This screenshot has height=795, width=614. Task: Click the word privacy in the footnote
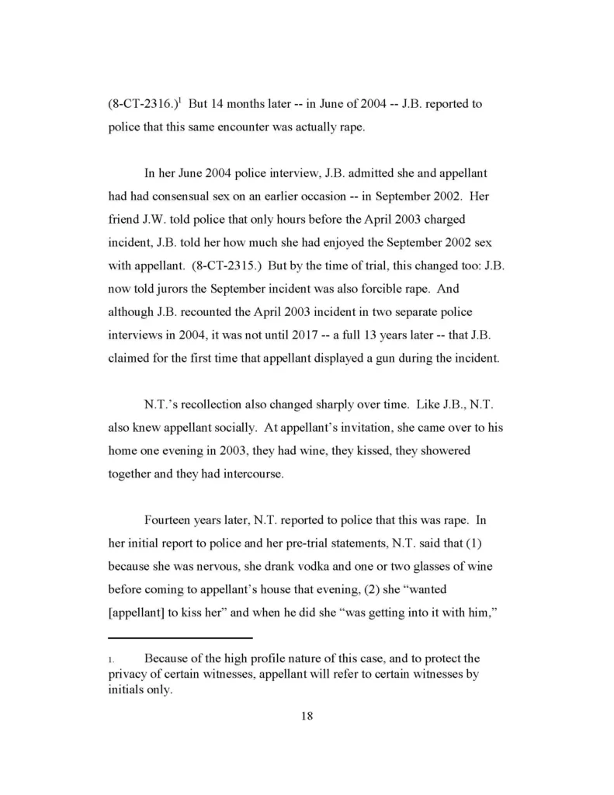pyautogui.click(x=129, y=674)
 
